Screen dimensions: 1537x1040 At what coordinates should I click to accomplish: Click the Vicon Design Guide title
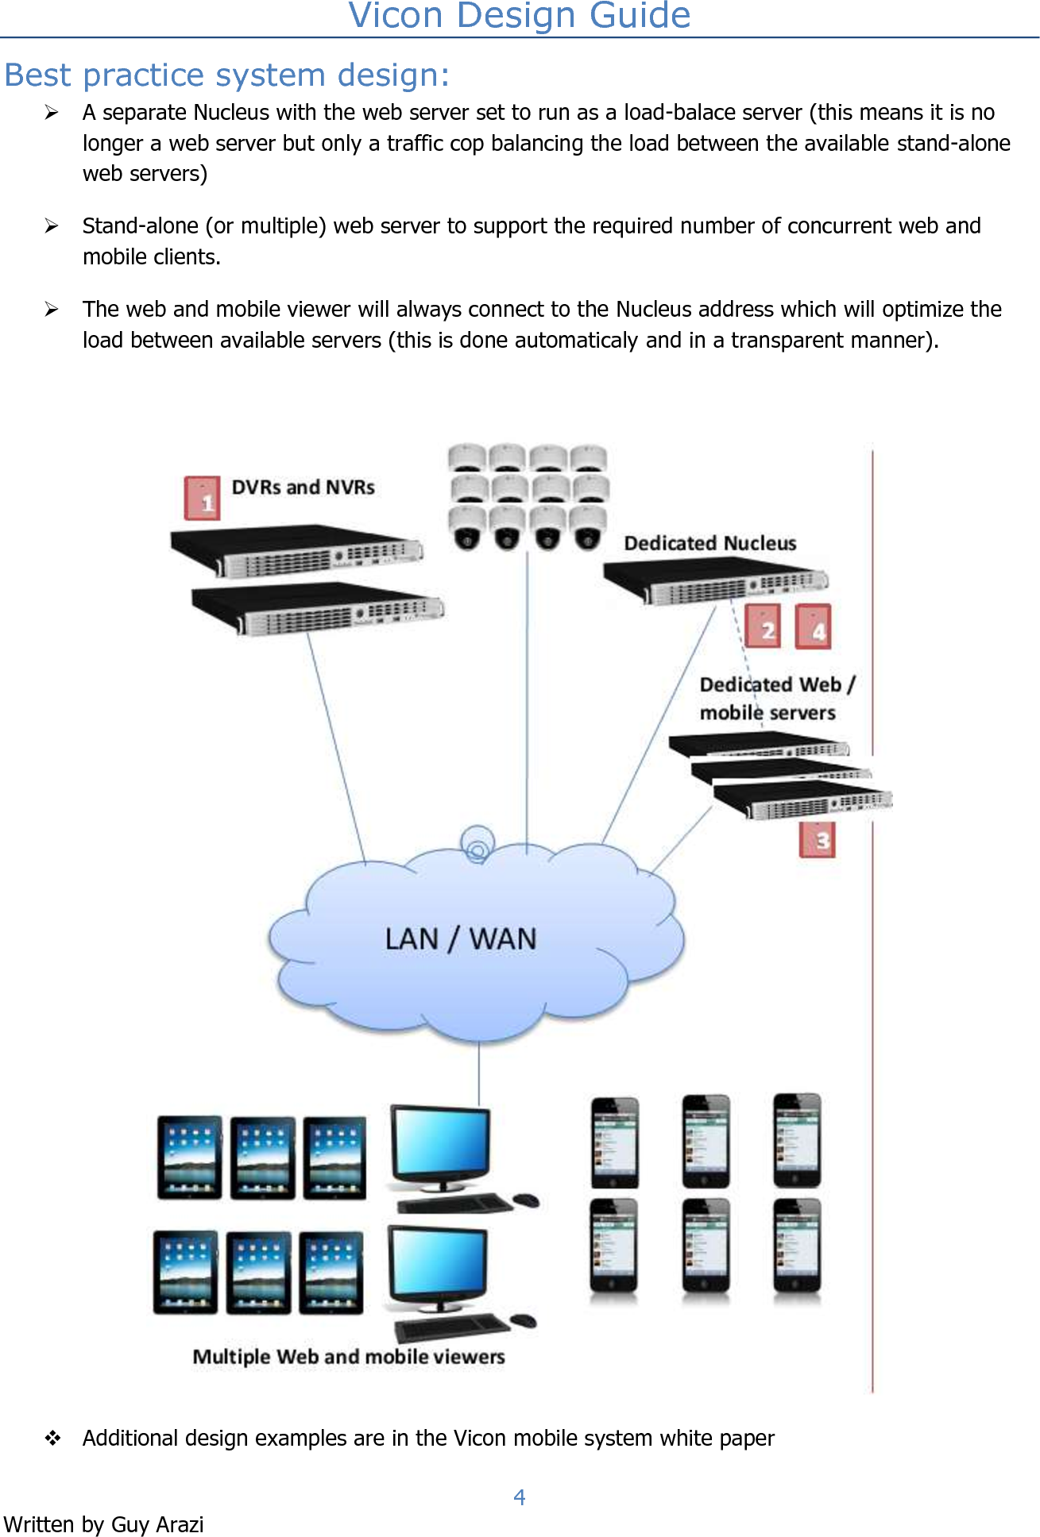(520, 16)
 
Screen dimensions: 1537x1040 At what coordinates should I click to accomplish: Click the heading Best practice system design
(227, 75)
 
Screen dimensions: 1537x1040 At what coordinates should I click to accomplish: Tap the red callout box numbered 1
(203, 499)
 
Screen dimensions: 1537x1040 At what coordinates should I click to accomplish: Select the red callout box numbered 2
(764, 626)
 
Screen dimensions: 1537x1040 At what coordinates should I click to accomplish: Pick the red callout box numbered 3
(818, 839)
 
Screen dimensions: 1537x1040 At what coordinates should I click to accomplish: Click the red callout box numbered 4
(814, 626)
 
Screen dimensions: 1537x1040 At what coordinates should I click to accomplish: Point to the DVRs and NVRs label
(303, 487)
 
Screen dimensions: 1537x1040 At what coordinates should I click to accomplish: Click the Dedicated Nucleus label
(709, 543)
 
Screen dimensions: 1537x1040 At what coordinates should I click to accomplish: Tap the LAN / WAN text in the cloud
(461, 938)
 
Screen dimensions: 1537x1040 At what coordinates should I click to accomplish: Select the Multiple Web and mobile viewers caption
(348, 1357)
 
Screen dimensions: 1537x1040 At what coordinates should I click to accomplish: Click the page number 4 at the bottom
(520, 1497)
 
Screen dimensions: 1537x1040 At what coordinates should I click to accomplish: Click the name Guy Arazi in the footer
(157, 1524)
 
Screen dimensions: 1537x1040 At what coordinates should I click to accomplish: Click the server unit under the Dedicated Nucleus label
(715, 582)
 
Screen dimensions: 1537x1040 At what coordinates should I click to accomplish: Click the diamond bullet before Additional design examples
(52, 1438)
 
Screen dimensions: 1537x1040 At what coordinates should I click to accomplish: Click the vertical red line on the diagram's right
(872, 1111)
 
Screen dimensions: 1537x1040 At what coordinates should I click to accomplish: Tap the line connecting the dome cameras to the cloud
(527, 699)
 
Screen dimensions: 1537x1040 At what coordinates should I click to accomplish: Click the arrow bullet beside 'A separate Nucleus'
(52, 113)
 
